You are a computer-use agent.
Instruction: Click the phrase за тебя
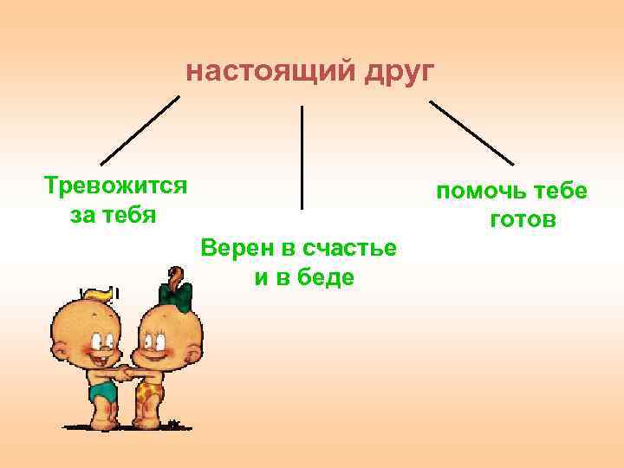click(x=113, y=213)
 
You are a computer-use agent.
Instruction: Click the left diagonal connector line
click(x=140, y=129)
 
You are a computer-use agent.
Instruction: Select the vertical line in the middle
click(x=302, y=157)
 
